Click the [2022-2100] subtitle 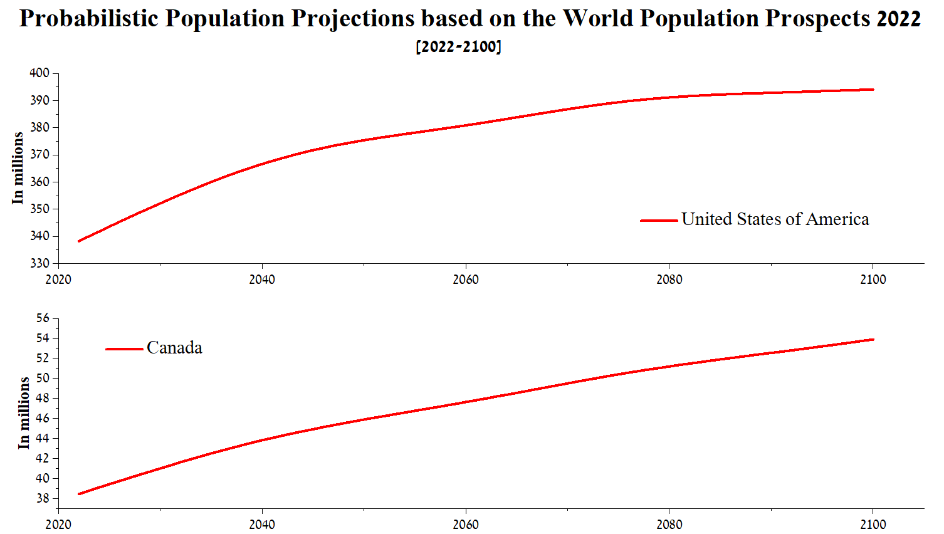point(458,46)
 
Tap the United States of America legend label point(775,219)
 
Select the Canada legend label point(174,348)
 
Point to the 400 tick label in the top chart point(39,73)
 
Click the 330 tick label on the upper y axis point(39,263)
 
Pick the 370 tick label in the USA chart point(39,155)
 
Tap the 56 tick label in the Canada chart point(43,318)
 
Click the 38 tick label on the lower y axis point(43,499)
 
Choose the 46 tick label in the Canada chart point(43,418)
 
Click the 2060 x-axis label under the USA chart point(465,280)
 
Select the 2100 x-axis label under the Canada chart point(873,525)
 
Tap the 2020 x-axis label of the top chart point(58,280)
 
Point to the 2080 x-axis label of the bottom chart point(669,525)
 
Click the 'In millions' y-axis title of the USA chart point(18,168)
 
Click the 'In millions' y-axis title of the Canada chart point(24,412)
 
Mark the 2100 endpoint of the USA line point(873,90)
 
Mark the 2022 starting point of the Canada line point(79,494)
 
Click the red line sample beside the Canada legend point(124,349)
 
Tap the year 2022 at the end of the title point(898,19)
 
